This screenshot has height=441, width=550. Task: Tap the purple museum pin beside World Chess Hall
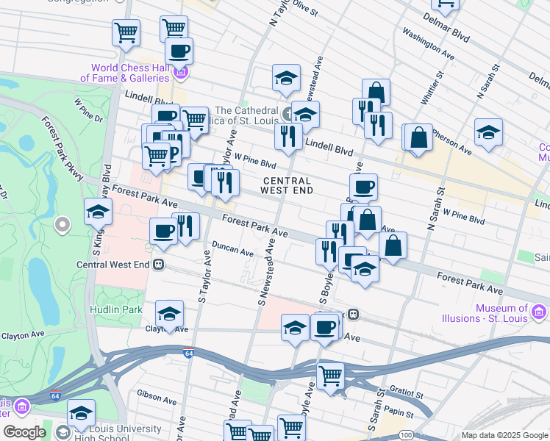click(x=181, y=72)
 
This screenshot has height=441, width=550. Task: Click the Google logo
click(x=24, y=432)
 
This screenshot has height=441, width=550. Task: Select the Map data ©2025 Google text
click(x=504, y=435)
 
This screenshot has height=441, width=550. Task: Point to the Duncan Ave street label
click(x=232, y=249)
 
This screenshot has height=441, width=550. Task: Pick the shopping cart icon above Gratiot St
click(x=331, y=376)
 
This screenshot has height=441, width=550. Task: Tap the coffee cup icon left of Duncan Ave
click(x=163, y=231)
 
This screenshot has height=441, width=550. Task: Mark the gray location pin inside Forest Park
click(x=63, y=223)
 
